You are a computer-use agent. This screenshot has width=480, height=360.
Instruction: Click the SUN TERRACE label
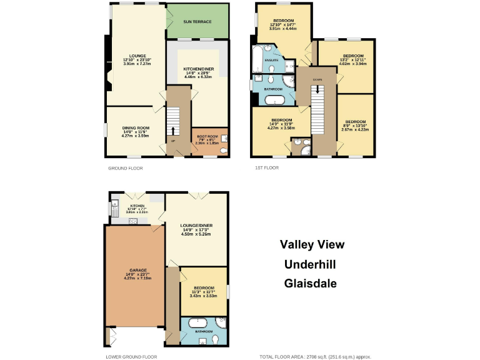pyautogui.click(x=197, y=21)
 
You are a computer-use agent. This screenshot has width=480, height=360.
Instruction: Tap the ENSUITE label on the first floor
pyautogui.click(x=271, y=60)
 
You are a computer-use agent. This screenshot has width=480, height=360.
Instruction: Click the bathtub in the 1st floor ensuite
pyautogui.click(x=257, y=60)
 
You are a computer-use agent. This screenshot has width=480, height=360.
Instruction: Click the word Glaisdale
pyautogui.click(x=311, y=283)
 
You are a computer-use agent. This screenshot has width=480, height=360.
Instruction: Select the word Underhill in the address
pyautogui.click(x=311, y=264)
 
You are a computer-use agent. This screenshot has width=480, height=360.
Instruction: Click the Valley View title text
pyautogui.click(x=311, y=244)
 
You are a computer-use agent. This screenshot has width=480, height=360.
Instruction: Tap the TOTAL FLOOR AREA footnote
pyautogui.click(x=315, y=356)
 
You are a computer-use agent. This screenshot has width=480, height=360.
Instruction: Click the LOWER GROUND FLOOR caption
pyautogui.click(x=131, y=356)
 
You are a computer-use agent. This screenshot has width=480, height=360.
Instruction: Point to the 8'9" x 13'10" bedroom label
pyautogui.click(x=355, y=125)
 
